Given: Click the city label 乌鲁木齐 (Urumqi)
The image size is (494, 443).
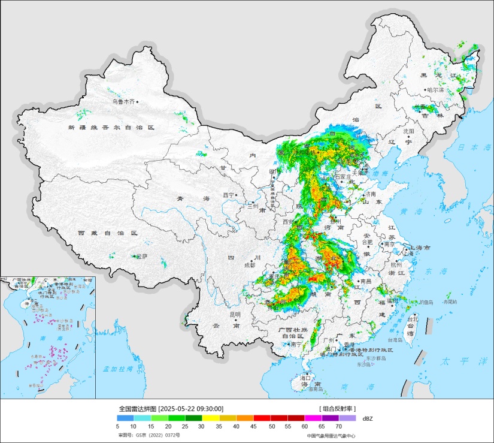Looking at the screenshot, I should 123,102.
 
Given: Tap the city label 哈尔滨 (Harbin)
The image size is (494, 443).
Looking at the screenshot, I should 435,90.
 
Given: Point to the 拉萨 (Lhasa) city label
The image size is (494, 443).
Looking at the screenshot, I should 141,256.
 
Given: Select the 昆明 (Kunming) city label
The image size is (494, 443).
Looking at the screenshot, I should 235,314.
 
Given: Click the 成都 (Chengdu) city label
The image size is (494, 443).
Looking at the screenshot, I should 249,265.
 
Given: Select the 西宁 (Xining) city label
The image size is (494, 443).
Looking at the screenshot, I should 228,195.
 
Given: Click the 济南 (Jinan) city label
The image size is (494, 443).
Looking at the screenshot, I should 369,194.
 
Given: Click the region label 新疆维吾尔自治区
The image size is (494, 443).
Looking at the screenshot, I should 111,128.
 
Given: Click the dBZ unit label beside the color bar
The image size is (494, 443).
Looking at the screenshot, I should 367,418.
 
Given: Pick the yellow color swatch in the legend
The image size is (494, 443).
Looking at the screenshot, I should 211,418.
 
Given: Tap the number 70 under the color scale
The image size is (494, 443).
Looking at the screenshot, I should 338,426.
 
